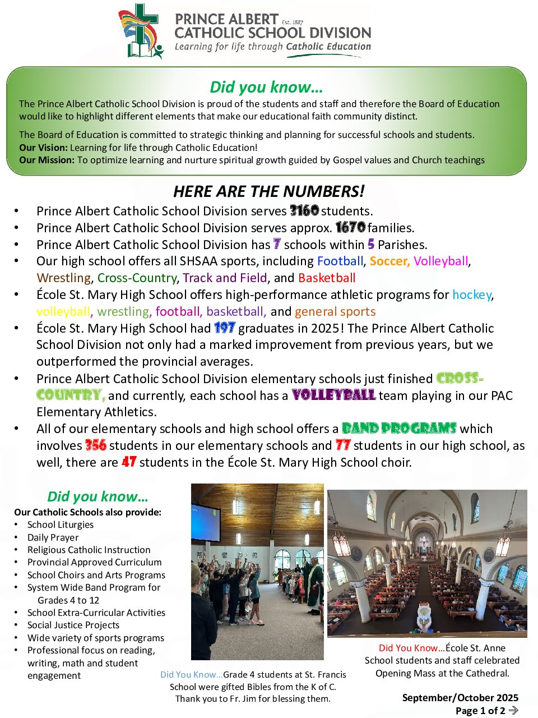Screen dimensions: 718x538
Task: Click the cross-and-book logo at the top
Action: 140,31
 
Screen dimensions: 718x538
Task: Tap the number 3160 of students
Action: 304,211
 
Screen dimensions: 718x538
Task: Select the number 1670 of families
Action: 350,228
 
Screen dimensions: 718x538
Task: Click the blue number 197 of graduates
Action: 224,328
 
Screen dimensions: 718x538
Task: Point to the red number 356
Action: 95,445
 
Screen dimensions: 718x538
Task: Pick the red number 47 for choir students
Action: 129,462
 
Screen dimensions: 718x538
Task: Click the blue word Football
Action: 340,261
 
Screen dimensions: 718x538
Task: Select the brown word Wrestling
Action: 64,278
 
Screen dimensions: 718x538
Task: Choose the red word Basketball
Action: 327,278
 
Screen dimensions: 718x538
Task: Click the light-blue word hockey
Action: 472,294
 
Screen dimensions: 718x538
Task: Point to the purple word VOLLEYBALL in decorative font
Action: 333,395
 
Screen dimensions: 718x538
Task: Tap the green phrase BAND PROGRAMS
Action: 399,429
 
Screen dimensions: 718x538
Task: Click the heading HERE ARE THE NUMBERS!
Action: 268,191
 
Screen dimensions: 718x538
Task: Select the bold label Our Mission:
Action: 47,160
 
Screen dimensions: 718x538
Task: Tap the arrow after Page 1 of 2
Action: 513,711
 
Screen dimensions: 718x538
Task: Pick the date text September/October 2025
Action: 460,698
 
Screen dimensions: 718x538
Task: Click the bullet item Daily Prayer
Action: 53,537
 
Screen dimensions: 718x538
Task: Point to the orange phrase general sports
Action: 335,311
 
